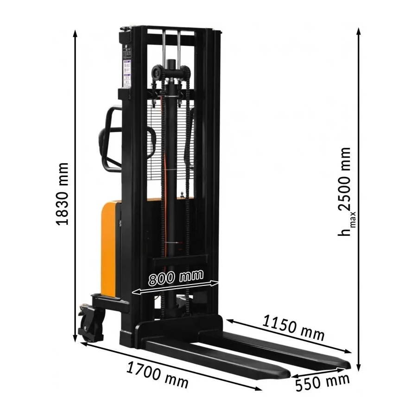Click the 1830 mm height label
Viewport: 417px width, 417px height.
click(x=63, y=194)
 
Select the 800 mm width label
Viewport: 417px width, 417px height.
click(x=176, y=278)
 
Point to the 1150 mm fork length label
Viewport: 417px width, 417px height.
click(x=293, y=328)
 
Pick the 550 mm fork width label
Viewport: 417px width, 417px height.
click(x=322, y=382)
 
